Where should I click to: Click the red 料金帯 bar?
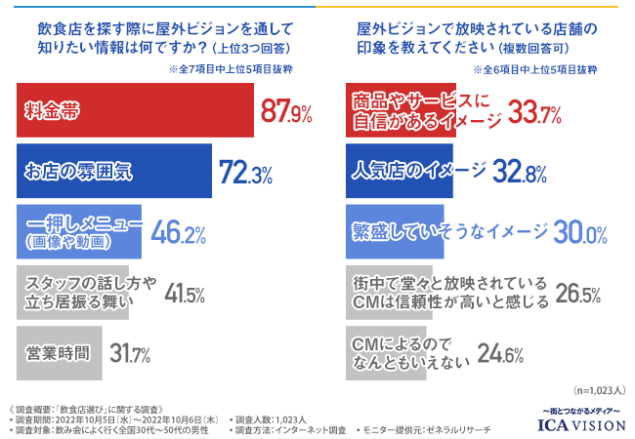135,111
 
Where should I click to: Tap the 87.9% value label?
285,111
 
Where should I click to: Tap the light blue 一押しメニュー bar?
79,231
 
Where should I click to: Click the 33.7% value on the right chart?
534,114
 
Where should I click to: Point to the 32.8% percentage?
521,172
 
